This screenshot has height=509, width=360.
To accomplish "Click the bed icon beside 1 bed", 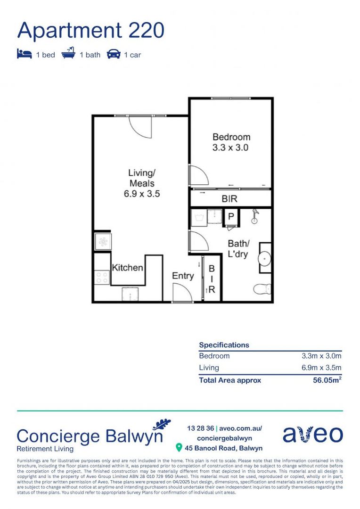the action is pyautogui.click(x=25, y=54).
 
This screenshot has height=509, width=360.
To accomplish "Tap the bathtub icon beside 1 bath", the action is pyautogui.click(x=68, y=53).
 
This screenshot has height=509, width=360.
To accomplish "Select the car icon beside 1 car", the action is pyautogui.click(x=113, y=54).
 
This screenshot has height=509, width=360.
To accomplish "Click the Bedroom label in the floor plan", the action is pyautogui.click(x=231, y=137).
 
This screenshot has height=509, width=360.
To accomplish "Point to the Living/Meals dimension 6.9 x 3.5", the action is pyautogui.click(x=142, y=194).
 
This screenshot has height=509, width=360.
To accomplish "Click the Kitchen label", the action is pyautogui.click(x=127, y=268).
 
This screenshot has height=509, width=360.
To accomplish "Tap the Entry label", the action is pyautogui.click(x=183, y=276).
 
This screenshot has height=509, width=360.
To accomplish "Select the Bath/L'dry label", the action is pyautogui.click(x=238, y=249).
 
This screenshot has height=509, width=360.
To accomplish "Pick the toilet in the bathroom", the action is pyautogui.click(x=262, y=288).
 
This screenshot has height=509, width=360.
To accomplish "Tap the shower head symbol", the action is pyautogui.click(x=255, y=216).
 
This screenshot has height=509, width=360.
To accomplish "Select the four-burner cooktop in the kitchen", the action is pyautogui.click(x=102, y=277).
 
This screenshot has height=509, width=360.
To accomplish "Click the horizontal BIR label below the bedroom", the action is pyautogui.click(x=229, y=199).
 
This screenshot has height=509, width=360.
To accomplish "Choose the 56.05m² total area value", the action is pyautogui.click(x=327, y=380).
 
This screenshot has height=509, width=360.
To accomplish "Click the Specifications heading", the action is pyautogui.click(x=224, y=345).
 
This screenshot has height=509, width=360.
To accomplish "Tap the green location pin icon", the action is pyautogui.click(x=179, y=448).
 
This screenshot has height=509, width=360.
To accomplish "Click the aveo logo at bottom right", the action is pyautogui.click(x=312, y=434).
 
